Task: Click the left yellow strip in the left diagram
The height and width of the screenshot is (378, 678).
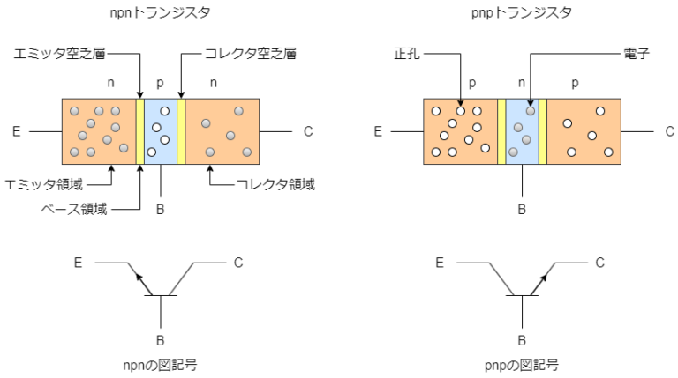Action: [x=139, y=131]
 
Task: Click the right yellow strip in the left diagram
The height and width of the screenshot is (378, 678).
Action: [x=181, y=131]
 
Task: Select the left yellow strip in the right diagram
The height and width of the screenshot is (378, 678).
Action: [x=501, y=131]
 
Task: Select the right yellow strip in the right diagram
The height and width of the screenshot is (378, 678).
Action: [x=543, y=131]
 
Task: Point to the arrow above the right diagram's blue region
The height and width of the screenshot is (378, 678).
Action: [x=531, y=101]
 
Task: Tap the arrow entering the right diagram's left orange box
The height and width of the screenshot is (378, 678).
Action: [x=460, y=101]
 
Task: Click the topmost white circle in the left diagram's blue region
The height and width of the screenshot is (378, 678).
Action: [x=165, y=111]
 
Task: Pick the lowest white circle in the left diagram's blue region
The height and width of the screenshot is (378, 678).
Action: [x=152, y=152]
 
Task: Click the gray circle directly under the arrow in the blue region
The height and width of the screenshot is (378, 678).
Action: [x=531, y=111]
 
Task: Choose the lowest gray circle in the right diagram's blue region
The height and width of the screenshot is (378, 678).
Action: [x=513, y=152]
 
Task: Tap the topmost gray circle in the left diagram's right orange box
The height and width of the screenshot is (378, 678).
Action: [x=238, y=111]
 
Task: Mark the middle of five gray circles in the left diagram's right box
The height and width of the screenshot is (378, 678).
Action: [x=230, y=136]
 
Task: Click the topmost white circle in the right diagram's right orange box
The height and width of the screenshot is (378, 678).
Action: [x=600, y=111]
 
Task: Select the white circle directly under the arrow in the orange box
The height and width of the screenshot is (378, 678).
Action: [x=460, y=111]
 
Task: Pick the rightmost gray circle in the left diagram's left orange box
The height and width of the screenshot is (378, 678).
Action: [x=124, y=148]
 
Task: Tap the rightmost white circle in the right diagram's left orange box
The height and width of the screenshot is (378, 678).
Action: [x=486, y=148]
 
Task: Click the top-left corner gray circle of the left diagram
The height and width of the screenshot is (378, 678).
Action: [x=74, y=111]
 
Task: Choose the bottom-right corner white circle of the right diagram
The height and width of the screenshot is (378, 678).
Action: [x=608, y=152]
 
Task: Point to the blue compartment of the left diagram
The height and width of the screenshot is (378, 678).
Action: [x=160, y=131]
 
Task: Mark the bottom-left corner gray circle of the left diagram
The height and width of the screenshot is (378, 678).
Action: [x=74, y=152]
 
